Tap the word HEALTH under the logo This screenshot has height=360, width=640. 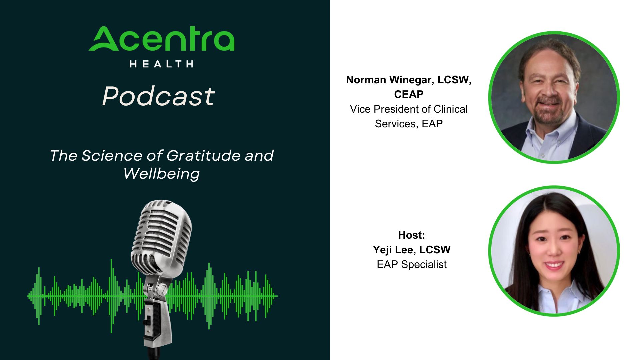162,64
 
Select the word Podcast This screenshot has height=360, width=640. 158,96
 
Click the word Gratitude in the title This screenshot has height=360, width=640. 203,156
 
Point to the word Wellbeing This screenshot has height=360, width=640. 162,174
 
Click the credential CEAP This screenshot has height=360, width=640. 409,95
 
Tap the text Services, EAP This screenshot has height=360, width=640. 409,124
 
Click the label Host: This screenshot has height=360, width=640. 412,235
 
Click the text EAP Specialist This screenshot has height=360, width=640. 412,265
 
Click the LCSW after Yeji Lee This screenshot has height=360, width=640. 435,250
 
